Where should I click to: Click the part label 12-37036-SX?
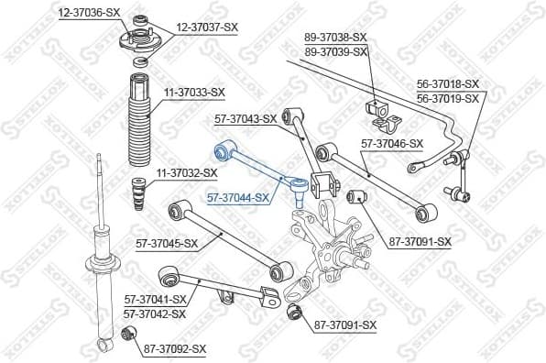coord(89,13)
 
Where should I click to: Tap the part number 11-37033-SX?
coord(194,92)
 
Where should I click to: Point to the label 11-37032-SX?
coord(186,171)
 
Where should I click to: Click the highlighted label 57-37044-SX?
coord(238,197)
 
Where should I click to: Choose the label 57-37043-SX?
coord(245,118)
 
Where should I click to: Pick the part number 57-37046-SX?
coord(392,143)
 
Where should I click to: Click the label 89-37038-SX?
coord(335,38)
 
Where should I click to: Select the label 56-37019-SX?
coord(448,98)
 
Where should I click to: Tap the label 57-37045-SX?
coord(167,243)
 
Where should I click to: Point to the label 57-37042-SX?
coord(155,313)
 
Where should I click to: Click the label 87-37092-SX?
coord(175,348)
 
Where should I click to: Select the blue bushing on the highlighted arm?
coord(221,149)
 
